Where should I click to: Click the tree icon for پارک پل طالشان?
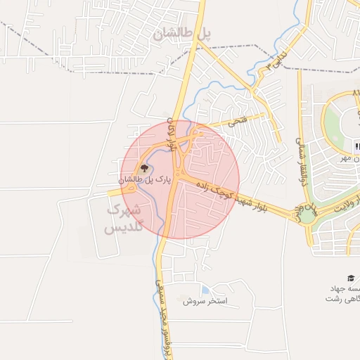(144, 168)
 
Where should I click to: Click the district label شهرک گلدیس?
(124, 219)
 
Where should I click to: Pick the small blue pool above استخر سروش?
(205, 289)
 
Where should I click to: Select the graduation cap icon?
(351, 278)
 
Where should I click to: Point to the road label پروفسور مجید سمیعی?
(157, 320)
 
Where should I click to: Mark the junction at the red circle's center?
(180, 179)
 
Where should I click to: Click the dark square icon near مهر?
(356, 146)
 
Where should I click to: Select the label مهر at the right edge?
(347, 158)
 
